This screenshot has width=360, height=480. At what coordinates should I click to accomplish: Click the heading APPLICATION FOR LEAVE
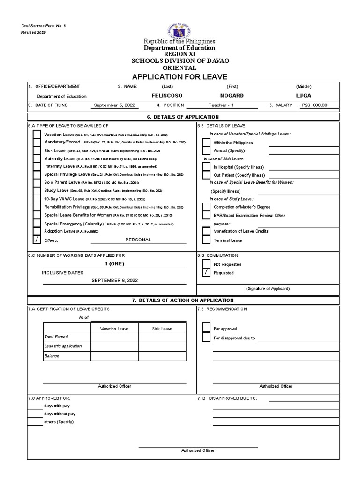tap(180, 76)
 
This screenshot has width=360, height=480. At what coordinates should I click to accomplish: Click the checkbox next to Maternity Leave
tap(36, 158)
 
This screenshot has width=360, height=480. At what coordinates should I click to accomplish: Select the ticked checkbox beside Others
tap(36, 240)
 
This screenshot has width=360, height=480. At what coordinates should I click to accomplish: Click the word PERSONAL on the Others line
tap(138, 240)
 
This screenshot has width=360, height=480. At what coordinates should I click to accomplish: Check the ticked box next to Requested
tap(205, 272)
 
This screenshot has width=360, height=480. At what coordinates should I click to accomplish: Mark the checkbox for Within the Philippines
tap(205, 142)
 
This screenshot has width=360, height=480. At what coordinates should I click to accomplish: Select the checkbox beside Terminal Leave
tap(205, 240)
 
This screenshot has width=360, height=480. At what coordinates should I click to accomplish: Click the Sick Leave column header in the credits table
tap(162, 329)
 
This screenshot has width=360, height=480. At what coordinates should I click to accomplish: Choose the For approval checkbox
tap(205, 329)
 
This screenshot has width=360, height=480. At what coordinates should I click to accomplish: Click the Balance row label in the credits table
tap(52, 356)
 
